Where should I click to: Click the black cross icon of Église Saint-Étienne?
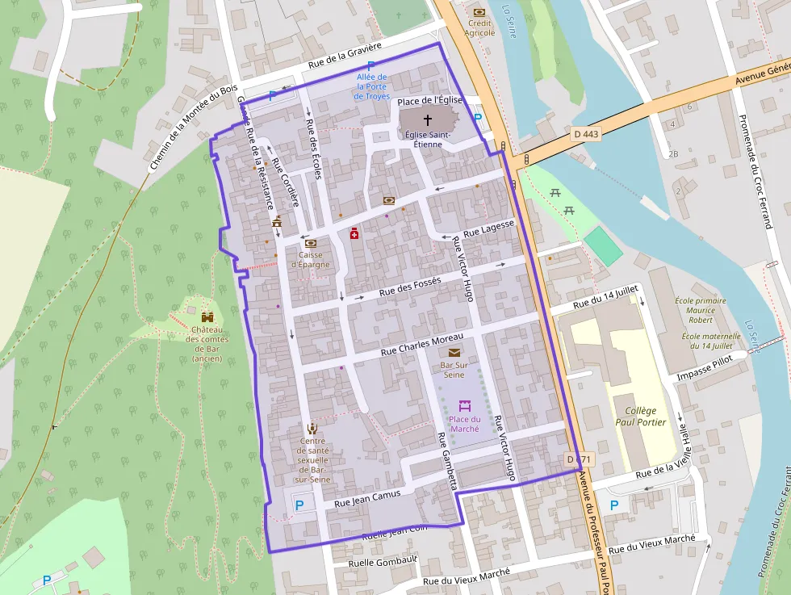[428, 119]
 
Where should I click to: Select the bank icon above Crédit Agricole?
[479, 12]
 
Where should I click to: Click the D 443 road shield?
[586, 133]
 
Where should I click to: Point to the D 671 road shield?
[579, 459]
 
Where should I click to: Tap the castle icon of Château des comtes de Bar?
[207, 317]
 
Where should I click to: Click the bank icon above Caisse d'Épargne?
[310, 242]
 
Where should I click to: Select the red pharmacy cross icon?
[354, 233]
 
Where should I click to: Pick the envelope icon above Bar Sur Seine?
[454, 353]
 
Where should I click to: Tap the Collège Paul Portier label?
[635, 416]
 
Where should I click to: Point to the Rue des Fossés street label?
[410, 286]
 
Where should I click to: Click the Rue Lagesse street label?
[489, 229]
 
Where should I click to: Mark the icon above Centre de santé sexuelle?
[312, 428]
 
